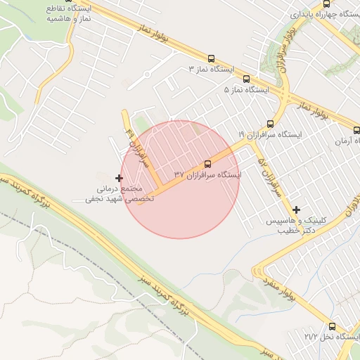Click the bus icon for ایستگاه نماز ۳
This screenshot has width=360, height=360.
(212, 59)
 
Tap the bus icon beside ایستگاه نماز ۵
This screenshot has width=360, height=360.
(246, 79)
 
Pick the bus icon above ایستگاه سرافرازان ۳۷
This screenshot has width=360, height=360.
(207, 163)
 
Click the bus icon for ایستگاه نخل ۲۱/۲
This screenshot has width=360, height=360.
(332, 326)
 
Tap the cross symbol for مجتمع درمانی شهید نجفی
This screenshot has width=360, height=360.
(119, 178)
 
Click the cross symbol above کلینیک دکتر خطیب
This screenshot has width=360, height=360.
(297, 210)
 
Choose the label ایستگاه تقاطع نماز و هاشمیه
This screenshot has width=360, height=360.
(69, 13)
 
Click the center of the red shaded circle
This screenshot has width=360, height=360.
(180, 179)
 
